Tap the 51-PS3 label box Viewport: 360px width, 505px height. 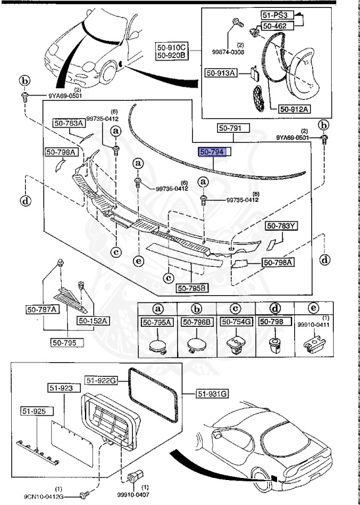click(275, 14)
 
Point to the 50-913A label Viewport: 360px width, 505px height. click(220, 73)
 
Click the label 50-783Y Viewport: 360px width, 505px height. click(282, 226)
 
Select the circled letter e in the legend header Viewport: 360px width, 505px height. click(310, 308)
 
